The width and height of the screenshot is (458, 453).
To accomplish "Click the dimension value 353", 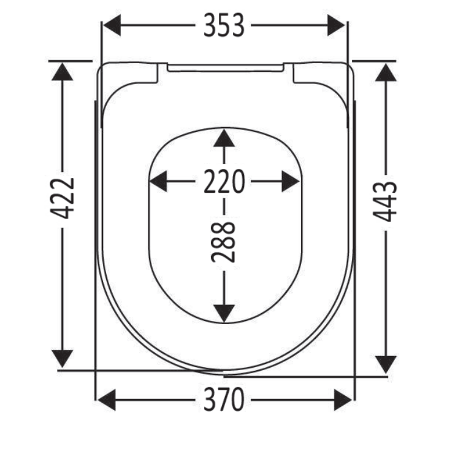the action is [224, 25].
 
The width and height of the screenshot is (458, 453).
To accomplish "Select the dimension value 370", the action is [224, 400].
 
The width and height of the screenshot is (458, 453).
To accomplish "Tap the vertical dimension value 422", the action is [62, 199].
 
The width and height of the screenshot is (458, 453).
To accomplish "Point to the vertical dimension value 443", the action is [385, 201].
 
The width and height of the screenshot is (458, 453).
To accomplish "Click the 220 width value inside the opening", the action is [224, 181].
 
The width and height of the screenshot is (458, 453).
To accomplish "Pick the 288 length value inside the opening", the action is [223, 242].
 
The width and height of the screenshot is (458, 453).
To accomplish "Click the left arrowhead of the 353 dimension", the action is [112, 25].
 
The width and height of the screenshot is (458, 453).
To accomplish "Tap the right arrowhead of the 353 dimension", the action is [336, 25].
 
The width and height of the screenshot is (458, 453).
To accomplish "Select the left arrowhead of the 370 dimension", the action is [107, 400].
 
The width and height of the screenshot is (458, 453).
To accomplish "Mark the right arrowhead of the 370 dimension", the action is [343, 400].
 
